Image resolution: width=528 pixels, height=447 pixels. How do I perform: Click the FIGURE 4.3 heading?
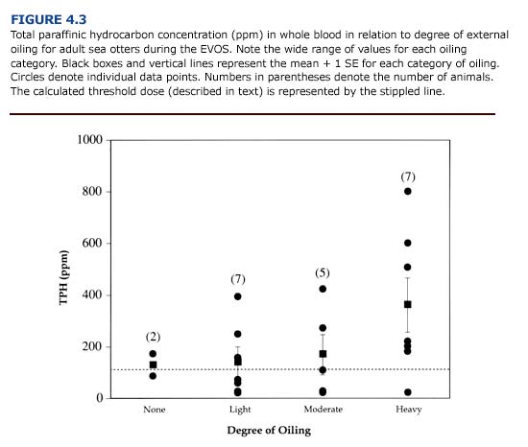click(50, 18)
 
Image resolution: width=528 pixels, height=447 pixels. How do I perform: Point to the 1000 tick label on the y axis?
click(90, 141)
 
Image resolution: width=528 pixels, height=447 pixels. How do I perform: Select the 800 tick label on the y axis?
click(93, 192)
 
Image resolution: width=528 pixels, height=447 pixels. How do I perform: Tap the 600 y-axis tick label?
click(93, 244)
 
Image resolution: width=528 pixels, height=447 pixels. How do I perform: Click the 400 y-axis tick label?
click(93, 294)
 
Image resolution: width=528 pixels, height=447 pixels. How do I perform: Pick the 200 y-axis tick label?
click(93, 346)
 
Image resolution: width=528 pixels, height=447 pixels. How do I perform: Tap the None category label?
click(154, 410)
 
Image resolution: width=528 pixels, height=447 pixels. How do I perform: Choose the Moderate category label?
click(323, 410)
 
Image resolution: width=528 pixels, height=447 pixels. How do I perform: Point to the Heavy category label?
click(408, 410)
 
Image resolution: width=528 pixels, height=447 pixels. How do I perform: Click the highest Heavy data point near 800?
click(408, 192)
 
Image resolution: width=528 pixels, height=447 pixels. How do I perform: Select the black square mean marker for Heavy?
click(408, 304)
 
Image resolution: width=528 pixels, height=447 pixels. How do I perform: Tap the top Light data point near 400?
click(238, 296)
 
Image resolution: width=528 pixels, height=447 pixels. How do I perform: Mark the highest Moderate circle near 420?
click(323, 289)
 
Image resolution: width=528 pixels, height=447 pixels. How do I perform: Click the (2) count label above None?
click(154, 337)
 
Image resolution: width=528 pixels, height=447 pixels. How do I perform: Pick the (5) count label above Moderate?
click(323, 273)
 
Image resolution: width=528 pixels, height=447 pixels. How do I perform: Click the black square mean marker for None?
click(154, 365)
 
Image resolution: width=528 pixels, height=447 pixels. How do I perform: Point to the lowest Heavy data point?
click(408, 392)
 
